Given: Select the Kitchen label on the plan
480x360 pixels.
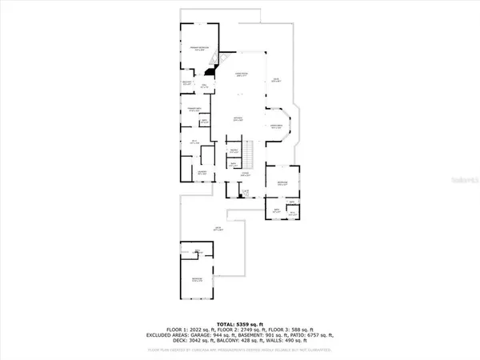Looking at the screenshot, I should coord(238,118).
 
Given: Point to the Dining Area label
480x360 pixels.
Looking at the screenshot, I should coord(277,126).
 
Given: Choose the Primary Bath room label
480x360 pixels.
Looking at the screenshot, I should coord(194,110).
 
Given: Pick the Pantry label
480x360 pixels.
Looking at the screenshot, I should coord(235,150).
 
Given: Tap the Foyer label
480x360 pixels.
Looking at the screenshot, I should coord(247,173).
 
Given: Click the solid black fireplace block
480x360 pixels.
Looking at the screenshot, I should coord(210,70).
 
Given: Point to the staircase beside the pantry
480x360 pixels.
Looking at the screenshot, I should coord(249,150).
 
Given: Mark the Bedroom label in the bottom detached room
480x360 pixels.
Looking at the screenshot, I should coord(197,280).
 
